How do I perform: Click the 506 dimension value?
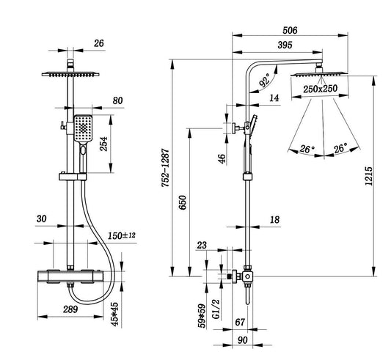(290, 30)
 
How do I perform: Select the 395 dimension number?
(285, 45)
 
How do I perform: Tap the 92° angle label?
(265, 80)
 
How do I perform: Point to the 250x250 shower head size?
(320, 89)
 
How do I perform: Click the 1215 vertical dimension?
(369, 176)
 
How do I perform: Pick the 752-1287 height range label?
(166, 168)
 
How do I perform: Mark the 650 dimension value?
(183, 202)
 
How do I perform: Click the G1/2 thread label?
(216, 309)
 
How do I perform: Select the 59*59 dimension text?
(202, 315)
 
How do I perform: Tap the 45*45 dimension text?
(115, 314)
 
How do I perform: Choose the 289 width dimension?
(70, 309)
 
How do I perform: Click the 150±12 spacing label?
(122, 235)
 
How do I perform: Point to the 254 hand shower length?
(103, 144)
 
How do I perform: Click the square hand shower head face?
(84, 128)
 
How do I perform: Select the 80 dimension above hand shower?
(117, 100)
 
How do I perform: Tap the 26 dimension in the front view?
(99, 43)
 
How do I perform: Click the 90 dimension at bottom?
(243, 340)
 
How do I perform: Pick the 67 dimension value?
(240, 322)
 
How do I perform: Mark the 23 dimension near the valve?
(202, 246)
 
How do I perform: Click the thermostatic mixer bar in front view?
(70, 276)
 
